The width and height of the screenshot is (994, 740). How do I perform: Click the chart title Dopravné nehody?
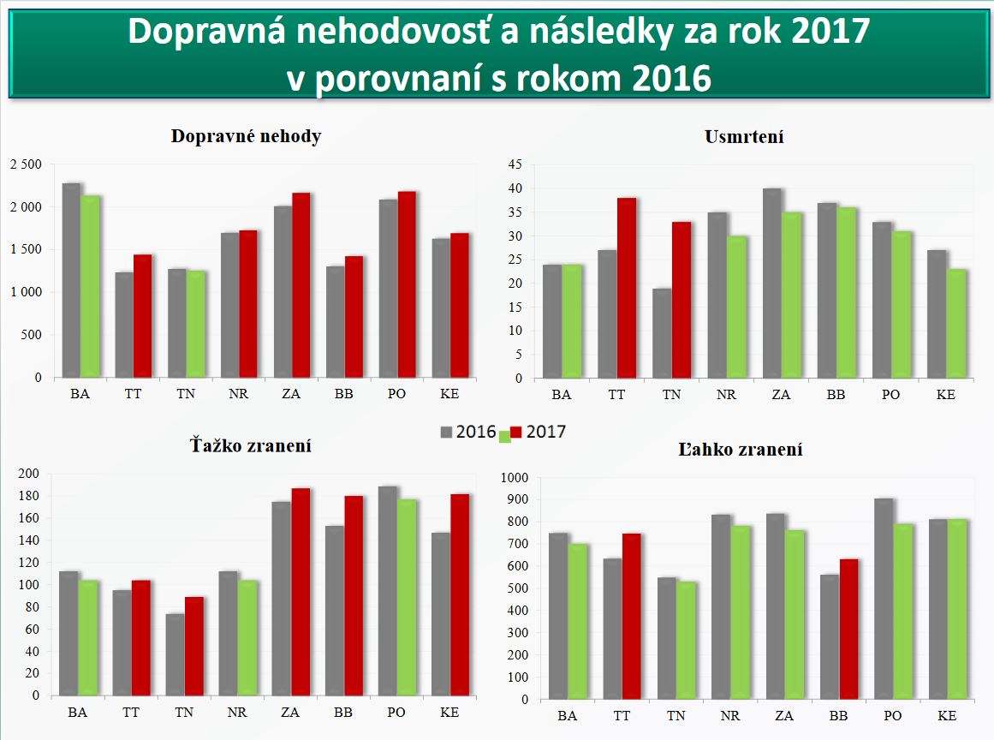tap(246, 136)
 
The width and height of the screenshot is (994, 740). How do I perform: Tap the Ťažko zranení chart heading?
tap(250, 445)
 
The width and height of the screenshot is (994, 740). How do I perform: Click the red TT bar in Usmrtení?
tap(627, 288)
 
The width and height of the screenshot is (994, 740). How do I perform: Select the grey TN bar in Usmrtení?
tap(662, 333)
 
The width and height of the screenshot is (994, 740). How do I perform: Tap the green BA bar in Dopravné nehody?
tap(91, 287)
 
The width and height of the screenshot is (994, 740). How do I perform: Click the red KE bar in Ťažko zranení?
tap(460, 594)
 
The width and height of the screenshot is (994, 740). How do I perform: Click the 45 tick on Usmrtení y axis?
tap(515, 164)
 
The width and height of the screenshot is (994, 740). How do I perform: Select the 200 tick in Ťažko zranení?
tap(28, 474)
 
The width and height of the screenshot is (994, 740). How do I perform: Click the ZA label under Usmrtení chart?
tap(781, 395)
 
